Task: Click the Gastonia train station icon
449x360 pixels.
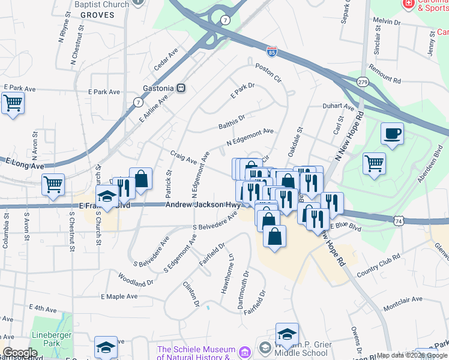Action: (x=181, y=88)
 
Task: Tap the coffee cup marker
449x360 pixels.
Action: (x=392, y=133)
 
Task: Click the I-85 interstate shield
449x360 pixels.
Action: (x=272, y=53)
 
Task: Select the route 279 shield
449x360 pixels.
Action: (x=362, y=82)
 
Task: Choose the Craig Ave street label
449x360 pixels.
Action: (x=183, y=157)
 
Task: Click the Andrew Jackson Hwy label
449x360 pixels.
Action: (x=203, y=205)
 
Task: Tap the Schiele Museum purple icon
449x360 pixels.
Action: (x=244, y=351)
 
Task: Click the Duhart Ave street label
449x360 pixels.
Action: (x=339, y=107)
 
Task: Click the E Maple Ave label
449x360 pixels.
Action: (x=119, y=296)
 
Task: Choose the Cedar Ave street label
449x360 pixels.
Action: (x=166, y=61)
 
